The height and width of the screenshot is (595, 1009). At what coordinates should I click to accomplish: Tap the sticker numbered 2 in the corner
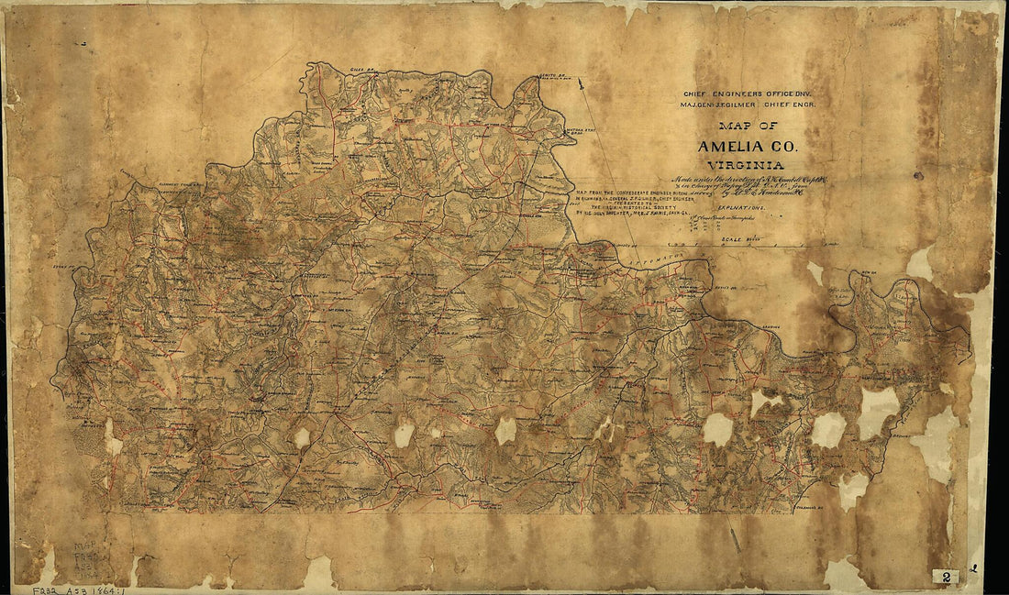pos(946,576)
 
